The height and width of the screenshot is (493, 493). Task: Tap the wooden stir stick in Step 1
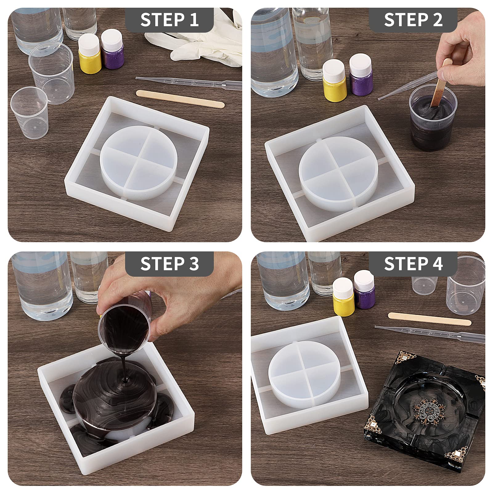tap(180, 99)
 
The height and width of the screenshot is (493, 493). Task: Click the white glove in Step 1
tap(197, 37)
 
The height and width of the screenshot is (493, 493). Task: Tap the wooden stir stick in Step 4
tap(430, 319)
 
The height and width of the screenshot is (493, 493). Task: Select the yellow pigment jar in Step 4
tap(343, 294)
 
